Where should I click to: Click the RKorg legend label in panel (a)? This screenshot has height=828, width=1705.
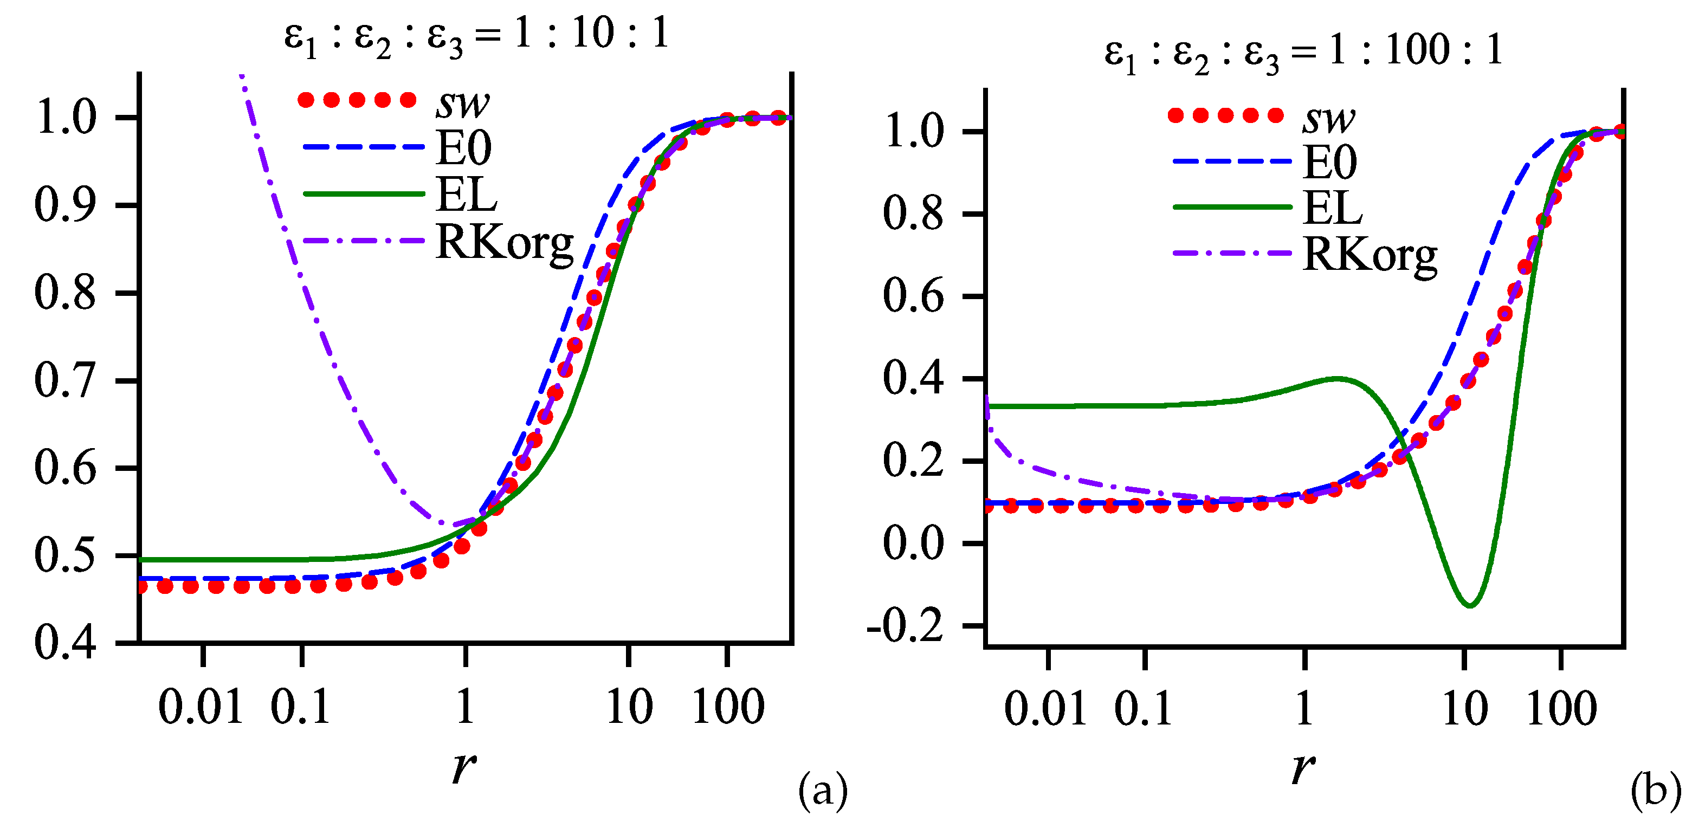(x=505, y=243)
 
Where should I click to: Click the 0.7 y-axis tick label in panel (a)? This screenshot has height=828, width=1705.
(x=65, y=380)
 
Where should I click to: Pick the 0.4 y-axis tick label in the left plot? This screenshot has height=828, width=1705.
(x=65, y=642)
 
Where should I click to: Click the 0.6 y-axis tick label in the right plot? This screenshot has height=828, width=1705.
(x=913, y=296)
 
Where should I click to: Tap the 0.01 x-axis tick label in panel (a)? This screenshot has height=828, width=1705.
(x=201, y=707)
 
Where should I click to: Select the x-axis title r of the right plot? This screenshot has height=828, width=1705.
(x=1302, y=768)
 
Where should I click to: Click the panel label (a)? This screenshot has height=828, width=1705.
(x=823, y=790)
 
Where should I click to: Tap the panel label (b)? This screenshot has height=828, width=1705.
(x=1655, y=790)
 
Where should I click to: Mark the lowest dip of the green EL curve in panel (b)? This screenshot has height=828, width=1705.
(x=1470, y=605)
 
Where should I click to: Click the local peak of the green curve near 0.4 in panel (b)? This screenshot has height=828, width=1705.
(x=1337, y=379)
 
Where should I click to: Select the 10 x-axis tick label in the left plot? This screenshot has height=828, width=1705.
(x=629, y=707)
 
